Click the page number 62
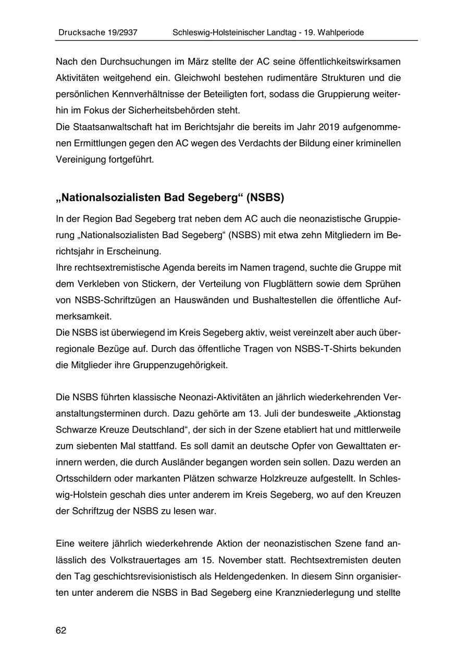[61, 630]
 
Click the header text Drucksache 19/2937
[98, 32]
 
